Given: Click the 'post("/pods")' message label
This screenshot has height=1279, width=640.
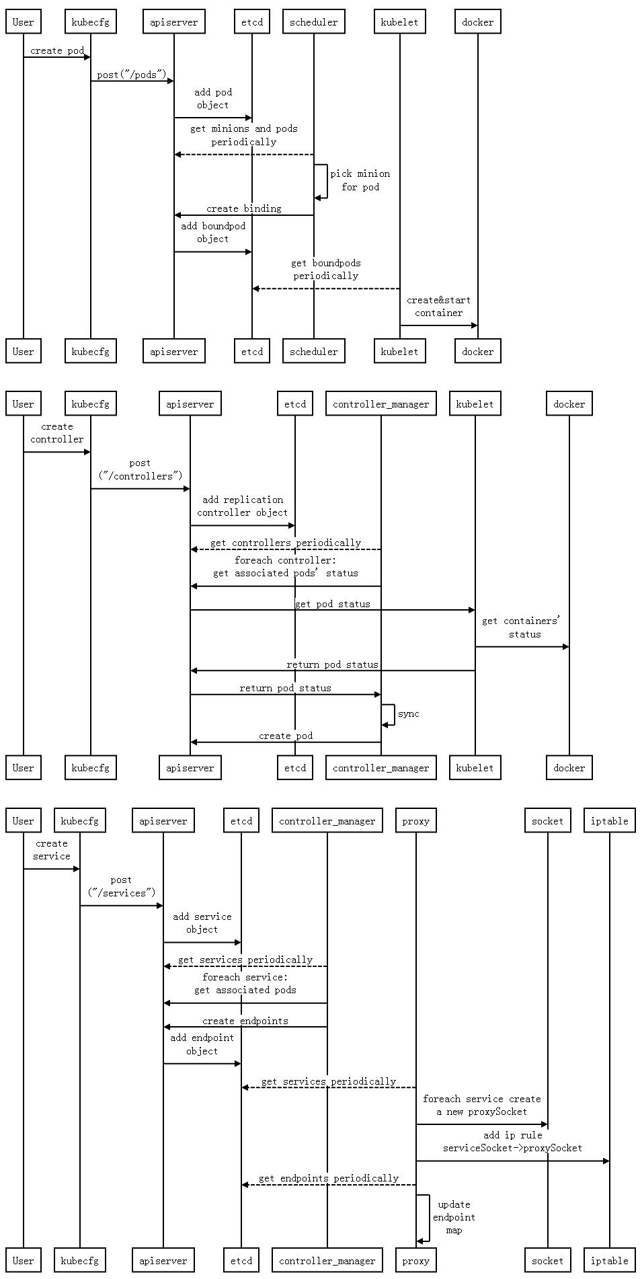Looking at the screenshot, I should [131, 75].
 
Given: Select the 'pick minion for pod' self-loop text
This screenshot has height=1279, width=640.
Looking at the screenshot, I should [360, 180].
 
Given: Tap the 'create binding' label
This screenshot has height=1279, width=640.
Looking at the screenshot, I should [243, 208].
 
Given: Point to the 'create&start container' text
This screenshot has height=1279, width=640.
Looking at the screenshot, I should [438, 306].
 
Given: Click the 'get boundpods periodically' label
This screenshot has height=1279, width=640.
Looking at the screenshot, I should [325, 269].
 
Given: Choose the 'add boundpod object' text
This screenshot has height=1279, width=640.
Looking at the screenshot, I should [213, 232].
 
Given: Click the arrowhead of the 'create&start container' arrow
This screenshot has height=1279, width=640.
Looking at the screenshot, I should [474, 325].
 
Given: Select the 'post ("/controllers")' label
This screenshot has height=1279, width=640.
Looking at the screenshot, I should [140, 469].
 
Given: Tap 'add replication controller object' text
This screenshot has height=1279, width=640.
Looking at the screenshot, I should [242, 506].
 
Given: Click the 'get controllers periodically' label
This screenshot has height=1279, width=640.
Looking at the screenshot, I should [285, 543].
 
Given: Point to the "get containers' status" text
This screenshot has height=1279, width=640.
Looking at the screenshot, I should [522, 627].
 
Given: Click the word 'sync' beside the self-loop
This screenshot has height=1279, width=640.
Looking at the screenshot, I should [408, 713].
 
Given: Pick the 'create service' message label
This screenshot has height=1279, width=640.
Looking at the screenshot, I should [52, 849].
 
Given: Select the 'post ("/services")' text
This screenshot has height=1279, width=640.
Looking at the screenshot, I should [121, 886].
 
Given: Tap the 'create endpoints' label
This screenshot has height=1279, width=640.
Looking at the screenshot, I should [245, 1021].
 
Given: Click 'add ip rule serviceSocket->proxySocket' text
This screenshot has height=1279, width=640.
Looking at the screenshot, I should [512, 1141].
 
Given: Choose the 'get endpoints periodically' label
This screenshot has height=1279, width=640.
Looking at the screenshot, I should [328, 1178].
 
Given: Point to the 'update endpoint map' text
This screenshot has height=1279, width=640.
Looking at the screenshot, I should [454, 1217].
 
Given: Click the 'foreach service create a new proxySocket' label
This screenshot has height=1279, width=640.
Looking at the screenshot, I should [481, 1105].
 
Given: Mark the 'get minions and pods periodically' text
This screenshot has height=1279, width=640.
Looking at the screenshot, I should [243, 135].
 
